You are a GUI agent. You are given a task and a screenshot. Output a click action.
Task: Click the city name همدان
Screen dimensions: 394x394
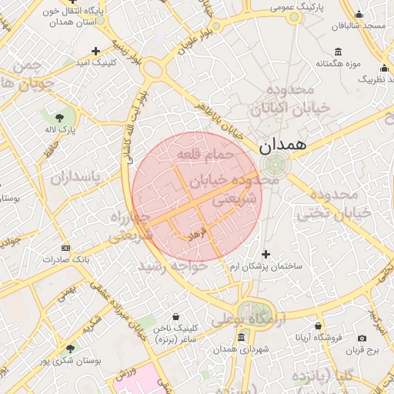click(x=282, y=143)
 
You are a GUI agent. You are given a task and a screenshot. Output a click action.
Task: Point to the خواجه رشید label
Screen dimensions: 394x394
click(x=172, y=265)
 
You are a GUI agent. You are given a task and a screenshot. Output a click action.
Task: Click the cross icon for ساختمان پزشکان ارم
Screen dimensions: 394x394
click(x=266, y=254)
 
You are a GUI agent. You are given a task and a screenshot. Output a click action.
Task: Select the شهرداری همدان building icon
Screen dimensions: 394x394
click(x=242, y=338)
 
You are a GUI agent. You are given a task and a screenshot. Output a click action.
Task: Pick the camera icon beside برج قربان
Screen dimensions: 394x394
click(x=362, y=339)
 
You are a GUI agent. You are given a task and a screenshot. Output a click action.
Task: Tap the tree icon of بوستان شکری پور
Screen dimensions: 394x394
click(x=71, y=349)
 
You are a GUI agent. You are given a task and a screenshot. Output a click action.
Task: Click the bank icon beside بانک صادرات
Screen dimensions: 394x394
click(x=65, y=248)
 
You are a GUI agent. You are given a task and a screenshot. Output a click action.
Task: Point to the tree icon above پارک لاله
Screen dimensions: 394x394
click(x=60, y=117)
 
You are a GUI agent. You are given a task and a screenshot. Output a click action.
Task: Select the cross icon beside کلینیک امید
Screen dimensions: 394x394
click(x=95, y=51)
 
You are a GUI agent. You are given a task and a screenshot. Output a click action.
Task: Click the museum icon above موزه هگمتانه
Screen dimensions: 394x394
click(x=339, y=52)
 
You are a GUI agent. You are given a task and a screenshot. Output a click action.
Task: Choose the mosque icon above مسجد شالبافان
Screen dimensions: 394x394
click(x=358, y=14)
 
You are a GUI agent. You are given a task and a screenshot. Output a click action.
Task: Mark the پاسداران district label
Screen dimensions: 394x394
click(x=76, y=178)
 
